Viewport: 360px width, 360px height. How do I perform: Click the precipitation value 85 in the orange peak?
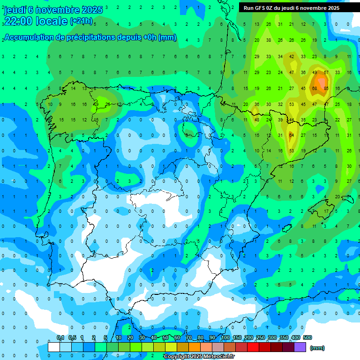[x=326, y=89]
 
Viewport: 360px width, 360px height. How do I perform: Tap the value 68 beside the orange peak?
[x=315, y=89]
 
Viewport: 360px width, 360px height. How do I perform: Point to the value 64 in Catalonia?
[x=291, y=135]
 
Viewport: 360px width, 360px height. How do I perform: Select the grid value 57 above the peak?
[x=326, y=73]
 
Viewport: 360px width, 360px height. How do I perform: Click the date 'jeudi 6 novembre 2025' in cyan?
[x=53, y=10]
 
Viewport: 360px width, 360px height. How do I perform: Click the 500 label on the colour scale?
[x=307, y=337]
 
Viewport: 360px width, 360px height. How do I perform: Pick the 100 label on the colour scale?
[x=225, y=337]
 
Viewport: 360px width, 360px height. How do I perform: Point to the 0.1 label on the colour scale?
[x=60, y=337]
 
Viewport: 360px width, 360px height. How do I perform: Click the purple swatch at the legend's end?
[x=300, y=347]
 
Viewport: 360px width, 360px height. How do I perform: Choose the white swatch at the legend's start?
[x=54, y=347]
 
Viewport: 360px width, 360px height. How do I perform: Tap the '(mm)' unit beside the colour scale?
[x=317, y=348]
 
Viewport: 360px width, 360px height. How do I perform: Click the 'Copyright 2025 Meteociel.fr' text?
[x=199, y=357]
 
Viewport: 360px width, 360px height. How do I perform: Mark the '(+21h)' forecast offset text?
[x=81, y=21]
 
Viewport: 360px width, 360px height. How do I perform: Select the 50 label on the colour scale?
[x=165, y=337]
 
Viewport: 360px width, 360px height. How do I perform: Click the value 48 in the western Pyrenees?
[x=257, y=120]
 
